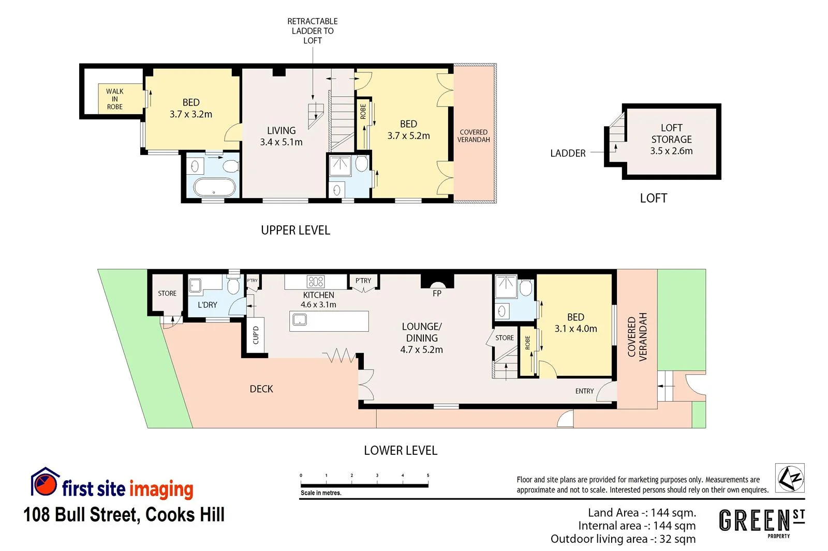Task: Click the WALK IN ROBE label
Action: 114,99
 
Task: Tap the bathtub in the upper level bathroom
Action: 214,187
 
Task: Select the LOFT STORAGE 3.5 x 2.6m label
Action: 671,139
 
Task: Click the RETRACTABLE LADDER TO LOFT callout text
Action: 312,30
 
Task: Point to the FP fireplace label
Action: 437,294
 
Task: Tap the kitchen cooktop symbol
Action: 316,282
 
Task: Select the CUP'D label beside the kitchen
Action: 256,335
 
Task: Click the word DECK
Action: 261,389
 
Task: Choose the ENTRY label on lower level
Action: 584,391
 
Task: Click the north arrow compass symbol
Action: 789,478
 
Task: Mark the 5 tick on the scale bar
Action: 428,476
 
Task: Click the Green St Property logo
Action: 762,522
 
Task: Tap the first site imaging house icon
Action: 45,482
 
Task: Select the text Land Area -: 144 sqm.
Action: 642,513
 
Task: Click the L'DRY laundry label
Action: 208,305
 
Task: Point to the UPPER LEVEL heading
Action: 295,230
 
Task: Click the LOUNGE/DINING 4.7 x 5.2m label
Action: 421,338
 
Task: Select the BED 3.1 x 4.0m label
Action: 575,323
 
